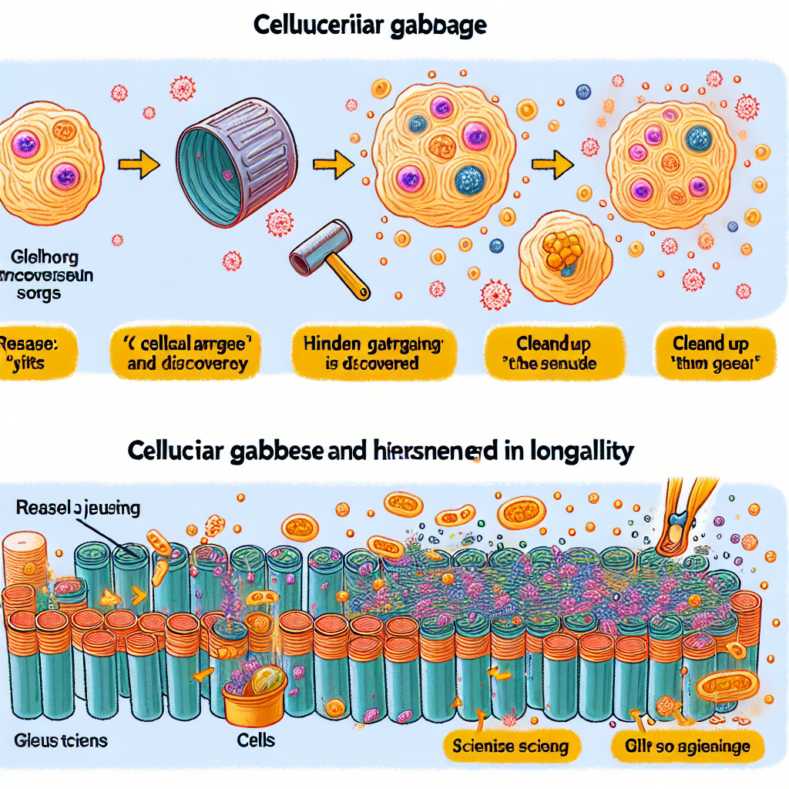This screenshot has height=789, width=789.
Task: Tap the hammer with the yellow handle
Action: (328, 261)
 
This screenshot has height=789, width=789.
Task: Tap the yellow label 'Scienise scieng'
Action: (508, 745)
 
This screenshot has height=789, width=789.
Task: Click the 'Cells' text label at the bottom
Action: (256, 740)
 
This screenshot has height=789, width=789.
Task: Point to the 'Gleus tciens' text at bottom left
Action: (61, 741)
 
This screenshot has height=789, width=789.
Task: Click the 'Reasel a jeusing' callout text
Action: (76, 508)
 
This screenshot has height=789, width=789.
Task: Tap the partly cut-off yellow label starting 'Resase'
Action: (28, 353)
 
